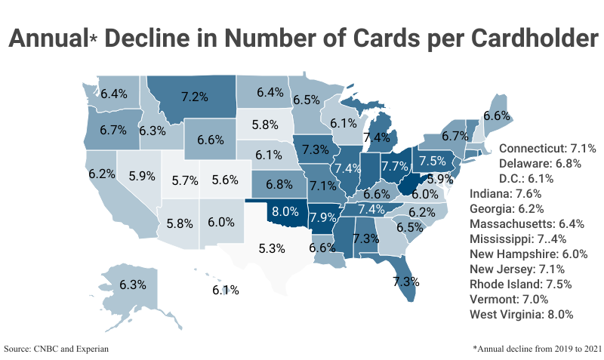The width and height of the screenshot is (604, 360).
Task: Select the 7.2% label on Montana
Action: (x=194, y=97)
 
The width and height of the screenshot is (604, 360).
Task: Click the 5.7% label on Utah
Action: (x=184, y=180)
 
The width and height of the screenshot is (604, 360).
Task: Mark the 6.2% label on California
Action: (x=101, y=173)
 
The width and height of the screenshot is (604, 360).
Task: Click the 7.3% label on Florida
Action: (x=405, y=281)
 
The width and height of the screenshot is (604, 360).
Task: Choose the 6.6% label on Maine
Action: (x=497, y=116)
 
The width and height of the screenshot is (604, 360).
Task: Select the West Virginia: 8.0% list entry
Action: (x=522, y=314)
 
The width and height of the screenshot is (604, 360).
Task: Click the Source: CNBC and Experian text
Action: (x=57, y=349)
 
